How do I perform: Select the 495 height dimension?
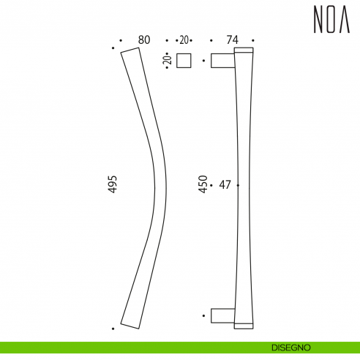point(112,184)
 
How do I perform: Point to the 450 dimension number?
point(203,184)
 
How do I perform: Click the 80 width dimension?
point(143,40)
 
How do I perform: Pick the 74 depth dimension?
point(233,40)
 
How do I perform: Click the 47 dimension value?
point(225,185)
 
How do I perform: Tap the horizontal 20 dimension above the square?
point(183,40)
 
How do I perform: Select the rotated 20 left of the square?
point(168,61)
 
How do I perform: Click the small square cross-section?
point(184,61)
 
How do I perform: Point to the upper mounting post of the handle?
point(222,60)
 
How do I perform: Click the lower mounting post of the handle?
point(222,315)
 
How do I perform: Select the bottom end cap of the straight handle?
point(244,324)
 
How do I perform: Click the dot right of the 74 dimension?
point(253,40)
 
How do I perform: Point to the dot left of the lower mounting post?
point(203,315)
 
